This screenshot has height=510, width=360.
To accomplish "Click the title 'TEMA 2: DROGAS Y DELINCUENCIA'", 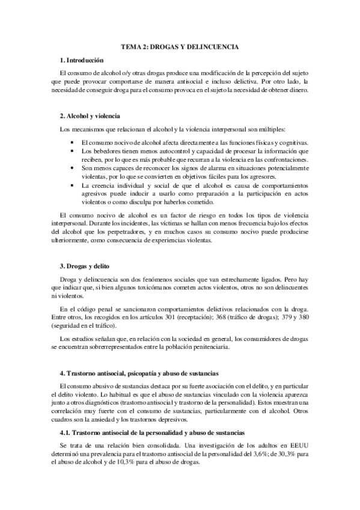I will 180,46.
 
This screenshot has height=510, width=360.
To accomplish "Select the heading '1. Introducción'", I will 82,60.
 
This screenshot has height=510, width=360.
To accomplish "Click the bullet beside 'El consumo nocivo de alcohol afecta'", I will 72,142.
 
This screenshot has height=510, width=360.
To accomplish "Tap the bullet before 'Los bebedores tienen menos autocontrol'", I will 72,151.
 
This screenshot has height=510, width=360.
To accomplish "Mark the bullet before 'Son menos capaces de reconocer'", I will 72,169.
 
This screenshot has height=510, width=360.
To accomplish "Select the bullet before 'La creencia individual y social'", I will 72,186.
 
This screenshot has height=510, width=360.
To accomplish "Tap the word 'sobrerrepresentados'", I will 111,346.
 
